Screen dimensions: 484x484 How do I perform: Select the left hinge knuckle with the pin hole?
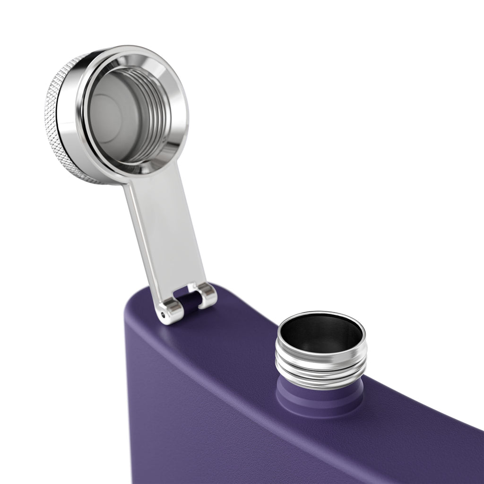coord(170,312)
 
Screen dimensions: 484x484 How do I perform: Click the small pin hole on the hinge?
coord(163,314)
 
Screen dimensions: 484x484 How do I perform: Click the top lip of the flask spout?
coord(321,314)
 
